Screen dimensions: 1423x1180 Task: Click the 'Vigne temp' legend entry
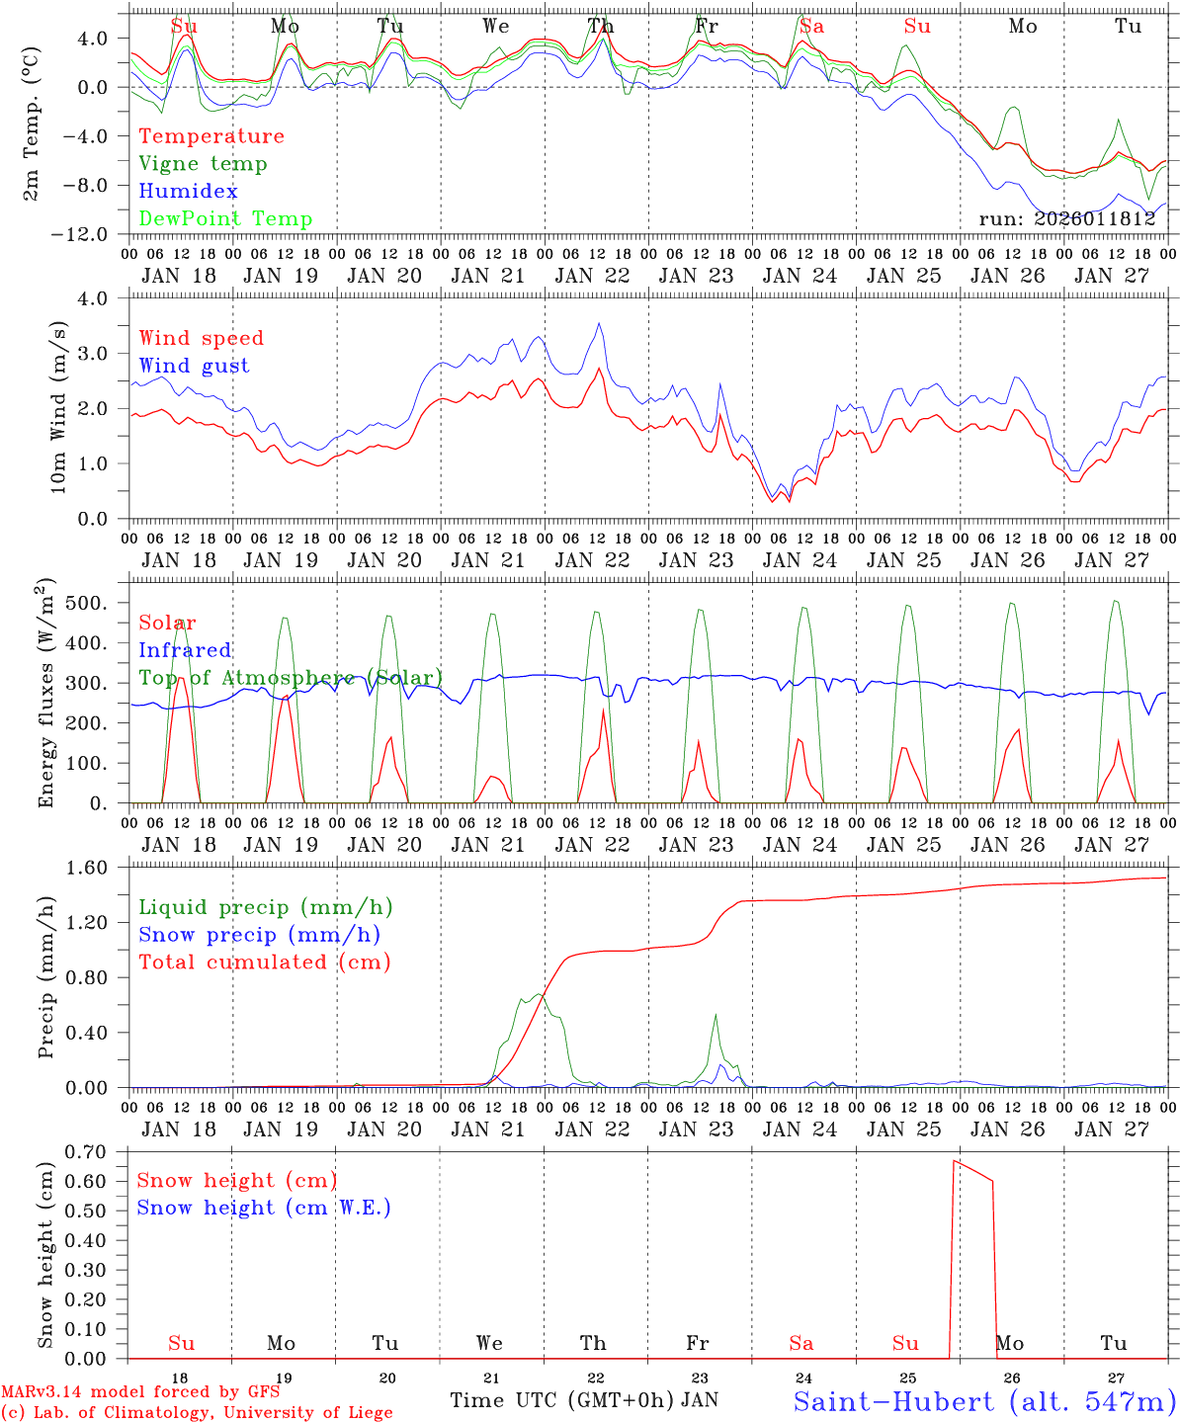point(203,164)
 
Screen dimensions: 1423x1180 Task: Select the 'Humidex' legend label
point(188,192)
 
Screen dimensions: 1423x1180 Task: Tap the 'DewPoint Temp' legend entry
point(225,219)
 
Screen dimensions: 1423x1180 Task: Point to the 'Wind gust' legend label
point(194,366)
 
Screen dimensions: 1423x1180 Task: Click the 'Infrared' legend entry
point(185,650)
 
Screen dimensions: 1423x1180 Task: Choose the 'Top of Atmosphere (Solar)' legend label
point(291,678)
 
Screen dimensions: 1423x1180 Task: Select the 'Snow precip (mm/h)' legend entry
point(259,935)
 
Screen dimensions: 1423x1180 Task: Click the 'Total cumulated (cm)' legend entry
point(264,963)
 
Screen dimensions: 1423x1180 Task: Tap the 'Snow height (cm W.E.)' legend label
point(264,1208)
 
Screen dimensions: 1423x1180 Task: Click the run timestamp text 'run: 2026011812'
point(1066,219)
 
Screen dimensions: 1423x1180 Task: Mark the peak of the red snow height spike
point(954,1161)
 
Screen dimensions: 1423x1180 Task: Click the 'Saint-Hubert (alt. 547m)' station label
point(983,1401)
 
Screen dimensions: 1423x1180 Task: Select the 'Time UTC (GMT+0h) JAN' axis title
point(583,1400)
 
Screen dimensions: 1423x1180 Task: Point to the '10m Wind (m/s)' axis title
point(58,408)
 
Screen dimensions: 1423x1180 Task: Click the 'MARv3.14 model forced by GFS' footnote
point(139,1392)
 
